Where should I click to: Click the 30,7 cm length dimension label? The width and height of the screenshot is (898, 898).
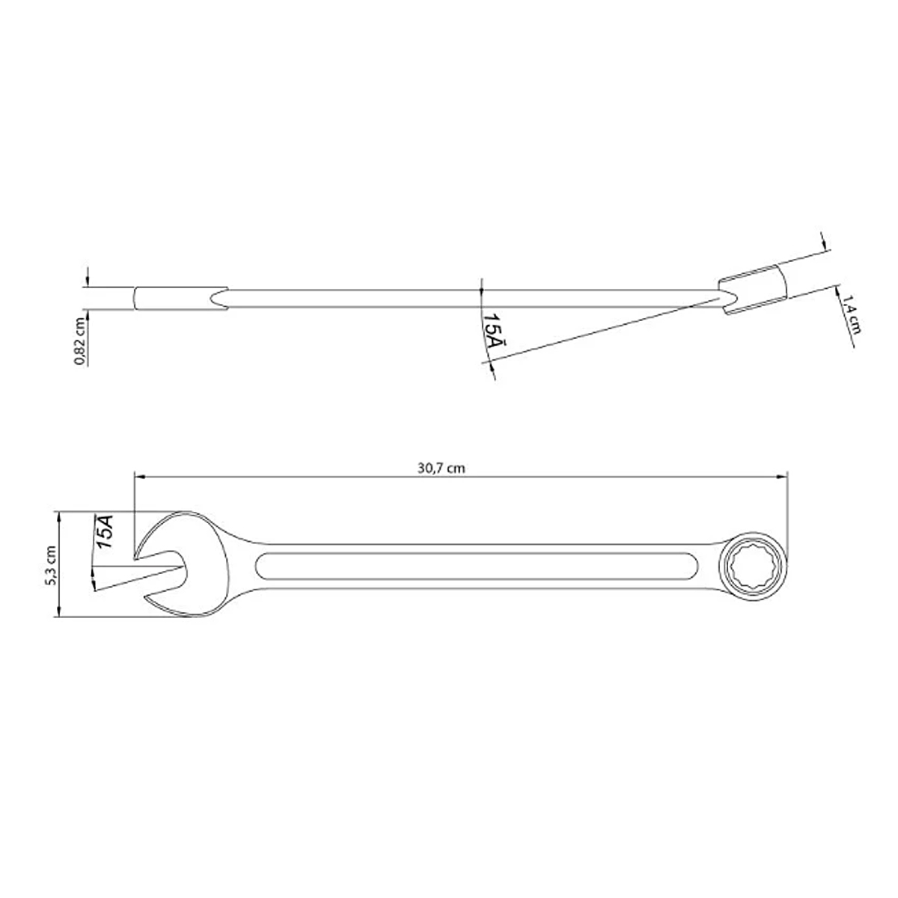[x=441, y=468]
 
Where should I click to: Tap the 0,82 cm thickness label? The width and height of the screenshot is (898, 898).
[x=79, y=341]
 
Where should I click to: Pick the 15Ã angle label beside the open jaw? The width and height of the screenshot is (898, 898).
[x=103, y=531]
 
